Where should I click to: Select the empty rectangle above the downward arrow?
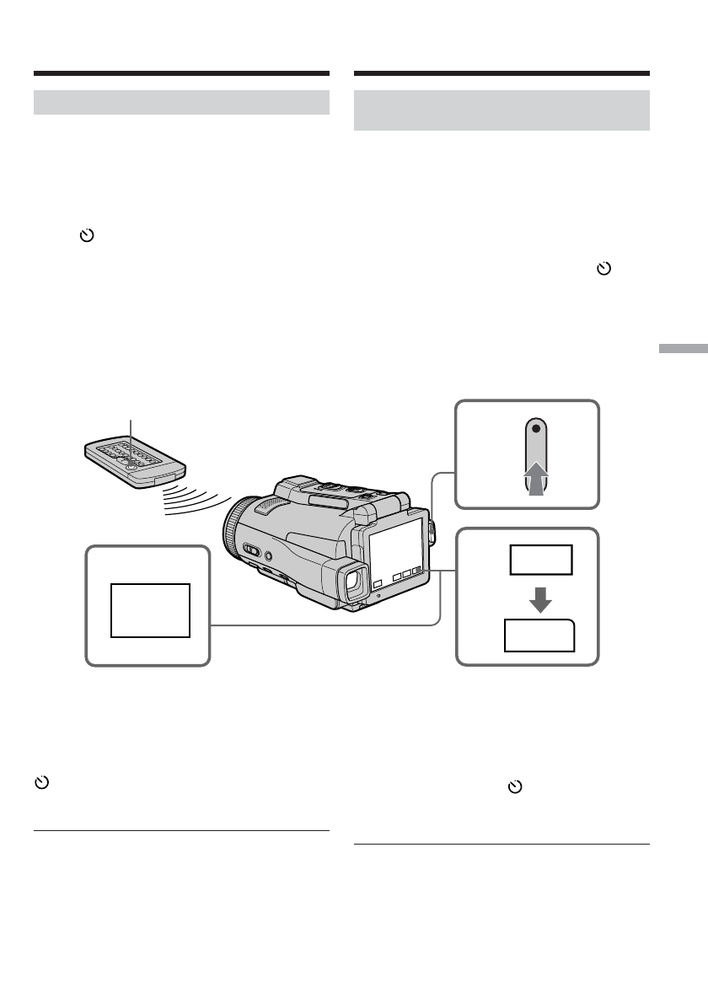[539, 560]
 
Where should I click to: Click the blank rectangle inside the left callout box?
[149, 609]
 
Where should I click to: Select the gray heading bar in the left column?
[181, 103]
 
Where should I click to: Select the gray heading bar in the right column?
[501, 110]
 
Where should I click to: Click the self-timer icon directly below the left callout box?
[40, 783]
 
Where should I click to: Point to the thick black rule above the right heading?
[501, 74]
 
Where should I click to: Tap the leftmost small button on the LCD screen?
[378, 582]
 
